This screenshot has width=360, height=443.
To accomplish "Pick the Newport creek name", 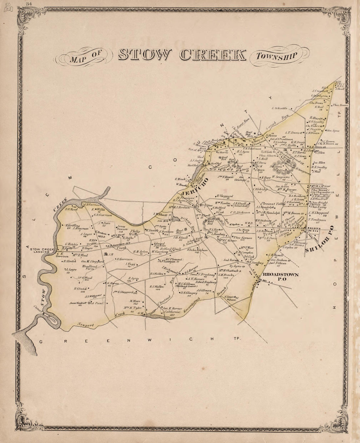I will (x=85, y=325).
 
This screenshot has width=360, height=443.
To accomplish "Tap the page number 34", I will (x=29, y=3).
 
